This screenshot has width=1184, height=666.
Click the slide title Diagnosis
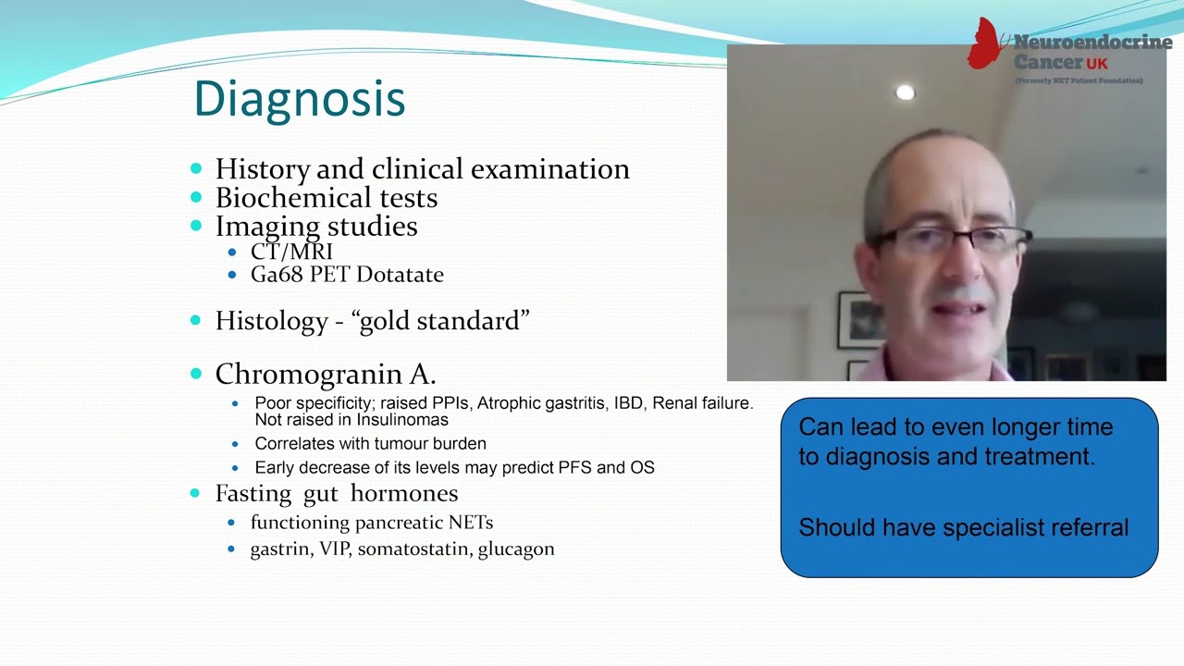point(299,99)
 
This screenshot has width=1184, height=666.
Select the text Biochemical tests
point(326,198)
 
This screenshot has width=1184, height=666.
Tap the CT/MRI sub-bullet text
point(291,252)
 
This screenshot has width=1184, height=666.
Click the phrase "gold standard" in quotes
point(440,321)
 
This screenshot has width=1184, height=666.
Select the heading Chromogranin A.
point(325,375)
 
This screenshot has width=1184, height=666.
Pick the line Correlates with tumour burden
point(370,444)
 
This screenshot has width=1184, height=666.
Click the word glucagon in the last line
point(515,549)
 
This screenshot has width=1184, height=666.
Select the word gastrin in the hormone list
point(280,549)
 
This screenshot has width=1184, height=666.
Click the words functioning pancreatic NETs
point(371,523)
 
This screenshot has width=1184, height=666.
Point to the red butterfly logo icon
point(987,44)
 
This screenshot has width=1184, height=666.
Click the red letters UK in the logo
point(1097,64)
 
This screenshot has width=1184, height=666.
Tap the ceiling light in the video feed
point(905,92)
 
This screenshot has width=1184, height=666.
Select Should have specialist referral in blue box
point(963,528)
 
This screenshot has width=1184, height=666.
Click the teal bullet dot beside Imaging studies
point(196,226)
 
